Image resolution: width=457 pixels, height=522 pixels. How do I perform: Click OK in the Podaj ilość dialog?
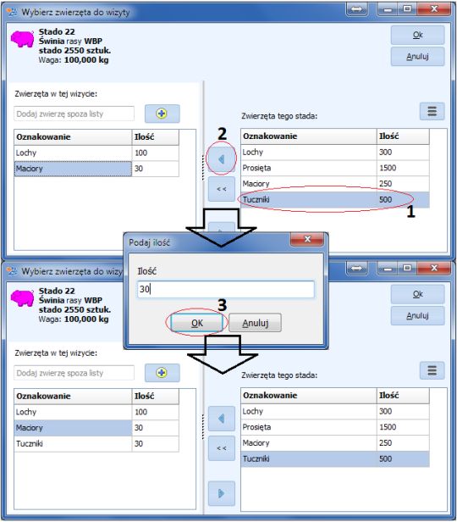pos(196,323)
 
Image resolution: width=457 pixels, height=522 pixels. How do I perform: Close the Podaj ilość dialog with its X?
pos(306,239)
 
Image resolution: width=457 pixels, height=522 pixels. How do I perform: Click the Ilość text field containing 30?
pos(225,289)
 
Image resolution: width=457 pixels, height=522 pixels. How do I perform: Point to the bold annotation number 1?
pos(410,212)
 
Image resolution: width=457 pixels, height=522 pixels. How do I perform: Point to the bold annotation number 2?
pos(222,134)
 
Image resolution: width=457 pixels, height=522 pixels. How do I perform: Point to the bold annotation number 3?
pos(222,305)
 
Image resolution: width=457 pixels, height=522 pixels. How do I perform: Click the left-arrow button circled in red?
pos(222,159)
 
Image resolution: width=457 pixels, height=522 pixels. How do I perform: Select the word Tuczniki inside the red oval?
pos(256,200)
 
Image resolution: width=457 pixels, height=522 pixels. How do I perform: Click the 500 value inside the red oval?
pos(386,200)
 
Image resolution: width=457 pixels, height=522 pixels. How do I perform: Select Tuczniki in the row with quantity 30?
pos(30,444)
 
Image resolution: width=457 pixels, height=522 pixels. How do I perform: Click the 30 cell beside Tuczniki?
pos(139,444)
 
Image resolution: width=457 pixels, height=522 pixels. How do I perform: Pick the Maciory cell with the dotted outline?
pos(73,169)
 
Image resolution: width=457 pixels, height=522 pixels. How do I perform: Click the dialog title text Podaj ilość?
pos(149,242)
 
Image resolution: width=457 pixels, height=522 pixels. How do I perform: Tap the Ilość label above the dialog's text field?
pos(147,271)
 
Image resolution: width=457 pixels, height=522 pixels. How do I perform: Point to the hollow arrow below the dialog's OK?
pos(223,354)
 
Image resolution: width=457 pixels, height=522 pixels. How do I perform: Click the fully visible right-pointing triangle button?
pos(222,493)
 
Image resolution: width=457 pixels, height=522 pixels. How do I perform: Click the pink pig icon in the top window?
pos(22,39)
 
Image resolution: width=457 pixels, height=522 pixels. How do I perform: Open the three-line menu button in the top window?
pos(432,111)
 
